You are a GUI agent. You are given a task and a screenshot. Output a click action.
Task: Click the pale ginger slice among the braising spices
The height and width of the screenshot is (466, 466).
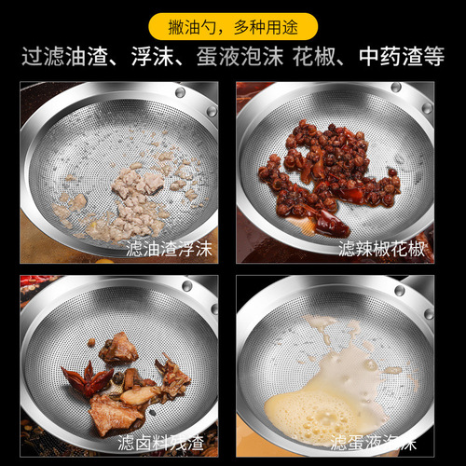[140, 395]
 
